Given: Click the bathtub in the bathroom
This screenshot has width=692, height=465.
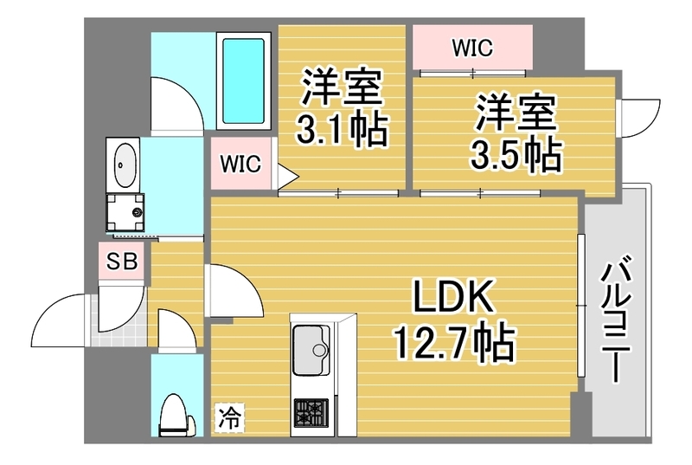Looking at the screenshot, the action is [244, 81].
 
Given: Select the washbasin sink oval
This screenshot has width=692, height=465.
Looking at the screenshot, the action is [125, 164].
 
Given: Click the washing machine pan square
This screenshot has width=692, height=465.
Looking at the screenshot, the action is [125, 212].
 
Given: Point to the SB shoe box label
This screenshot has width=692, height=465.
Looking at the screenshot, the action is [122, 262].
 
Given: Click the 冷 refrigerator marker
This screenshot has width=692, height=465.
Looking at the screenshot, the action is [230, 417].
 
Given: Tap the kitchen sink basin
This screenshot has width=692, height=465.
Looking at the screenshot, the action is [311, 350].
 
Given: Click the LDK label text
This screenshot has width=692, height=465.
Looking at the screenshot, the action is [452, 297].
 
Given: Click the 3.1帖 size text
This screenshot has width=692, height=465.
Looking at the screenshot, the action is [342, 130].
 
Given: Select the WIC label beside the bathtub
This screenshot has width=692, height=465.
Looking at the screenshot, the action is [240, 164].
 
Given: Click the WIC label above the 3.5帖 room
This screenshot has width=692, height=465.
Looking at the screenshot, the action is [472, 48].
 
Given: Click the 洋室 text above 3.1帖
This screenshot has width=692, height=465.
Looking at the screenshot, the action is [342, 87].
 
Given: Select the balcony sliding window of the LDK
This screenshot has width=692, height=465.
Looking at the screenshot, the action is [581, 306].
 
